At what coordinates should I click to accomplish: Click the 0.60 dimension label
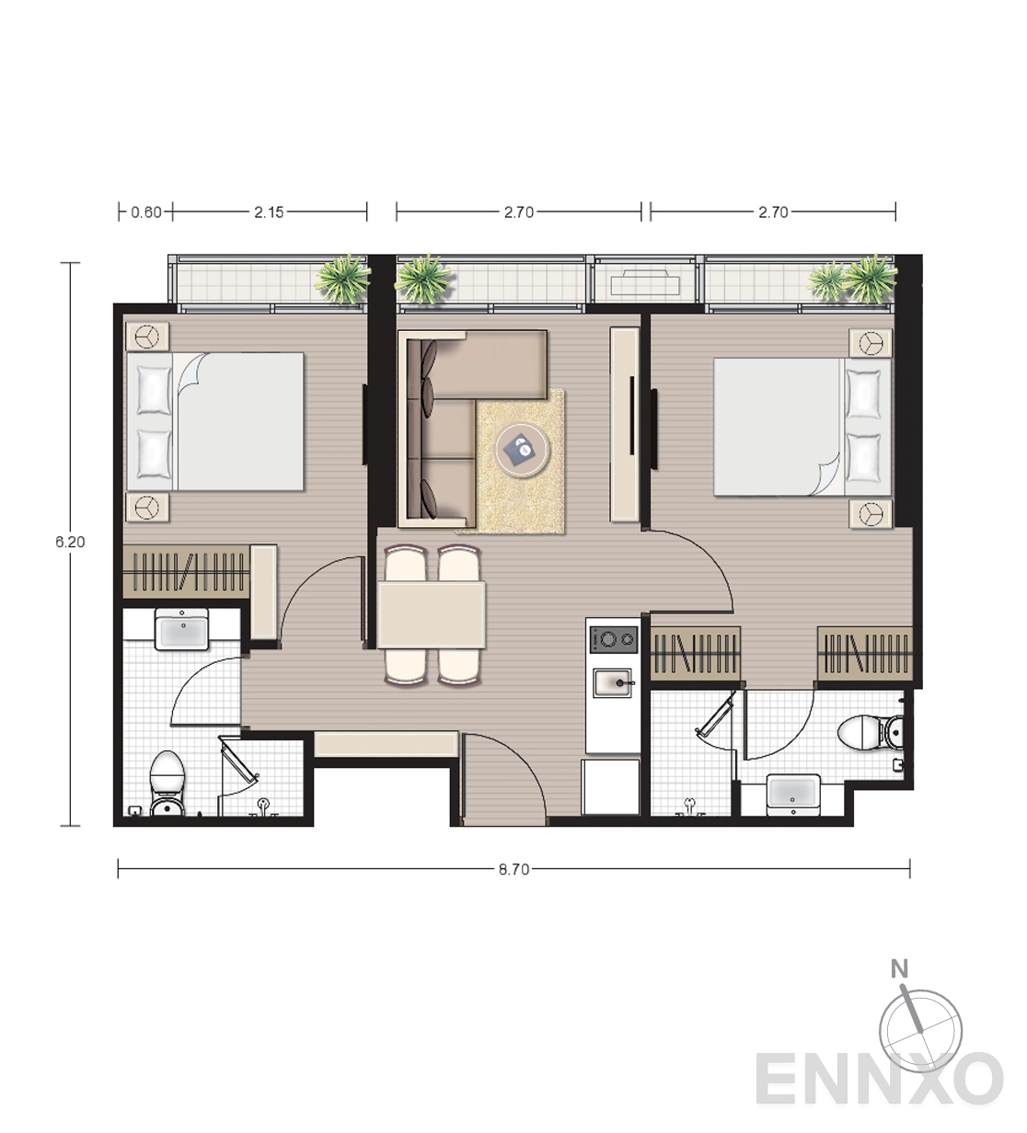146,212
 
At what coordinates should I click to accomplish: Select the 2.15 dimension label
269,212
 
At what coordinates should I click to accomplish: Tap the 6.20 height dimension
70,543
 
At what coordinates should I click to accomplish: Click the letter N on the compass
899,985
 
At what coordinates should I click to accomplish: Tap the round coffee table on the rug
522,450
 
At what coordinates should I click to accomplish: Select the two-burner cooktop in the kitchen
614,640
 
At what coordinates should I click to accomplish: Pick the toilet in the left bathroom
167,784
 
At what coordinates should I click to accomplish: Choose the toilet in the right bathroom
871,733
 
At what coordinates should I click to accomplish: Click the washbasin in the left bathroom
181,629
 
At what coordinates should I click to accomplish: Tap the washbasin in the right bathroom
793,795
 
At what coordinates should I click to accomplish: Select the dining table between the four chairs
432,615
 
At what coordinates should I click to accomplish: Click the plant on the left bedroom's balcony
342,278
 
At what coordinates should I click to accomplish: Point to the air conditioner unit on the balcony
644,281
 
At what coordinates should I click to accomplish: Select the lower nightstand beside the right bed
871,514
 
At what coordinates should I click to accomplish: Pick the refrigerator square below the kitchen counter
611,786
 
